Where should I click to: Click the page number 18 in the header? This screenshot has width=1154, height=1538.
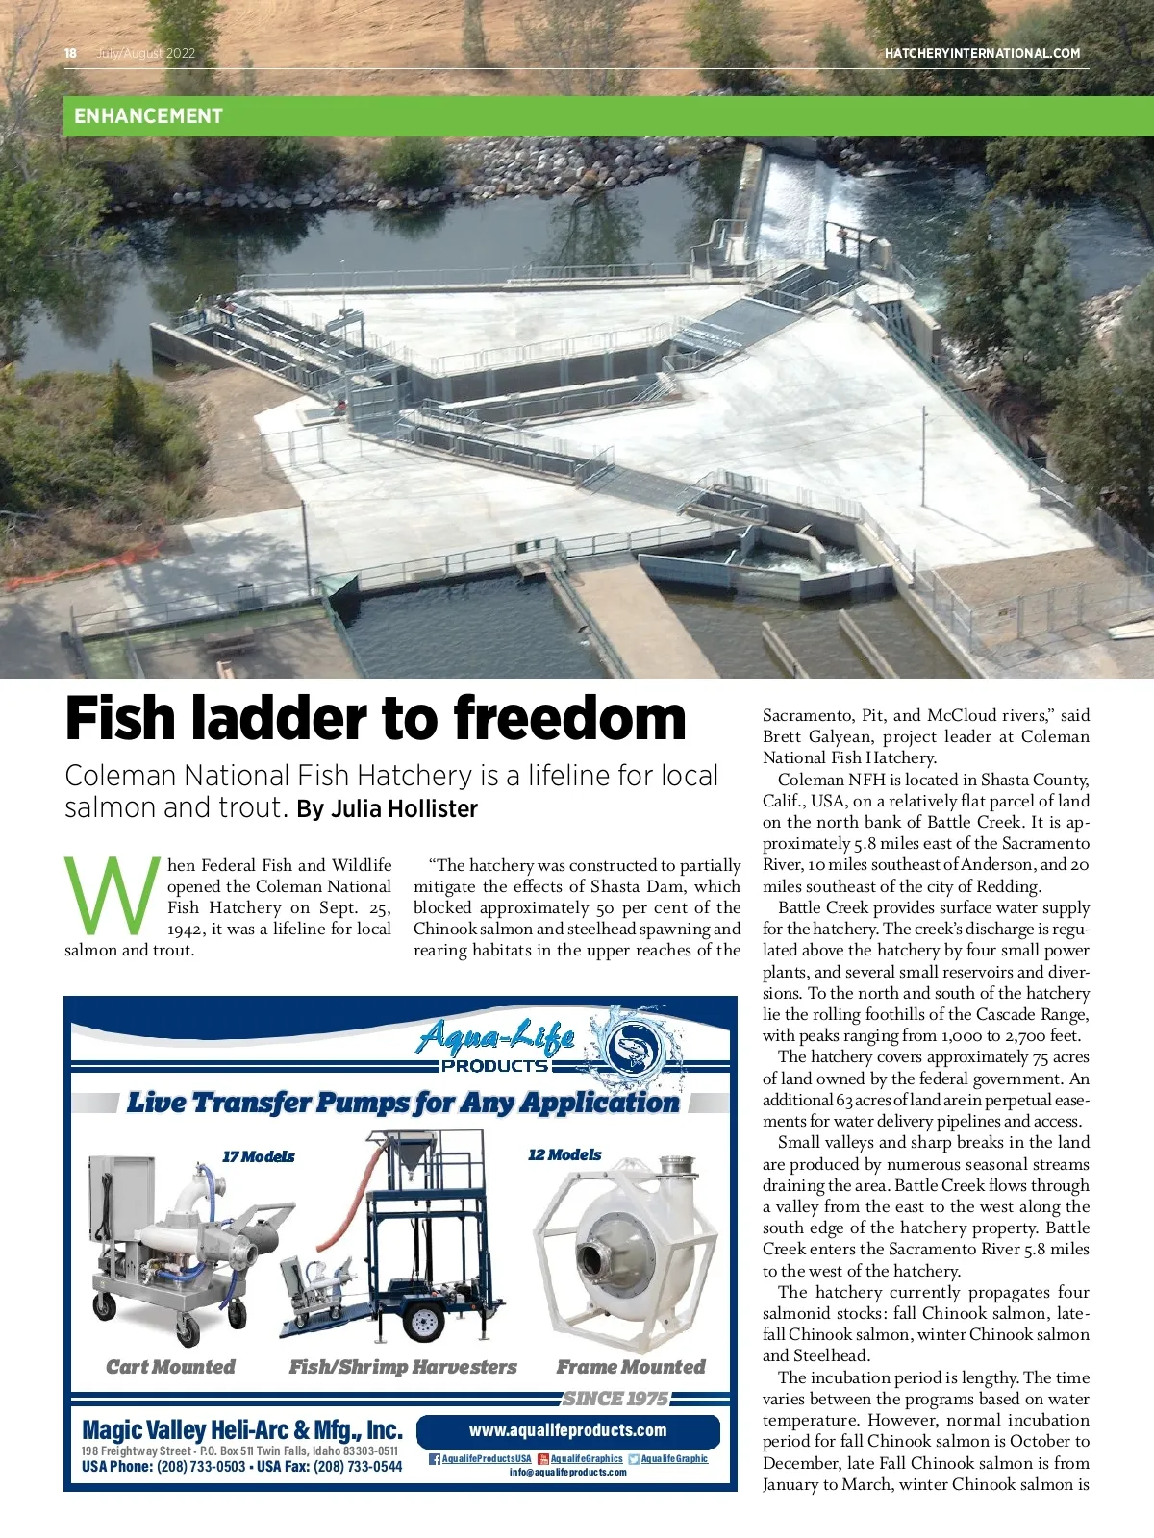70,53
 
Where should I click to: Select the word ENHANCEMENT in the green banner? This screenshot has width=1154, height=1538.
148,116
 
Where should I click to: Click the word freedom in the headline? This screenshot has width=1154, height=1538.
569,719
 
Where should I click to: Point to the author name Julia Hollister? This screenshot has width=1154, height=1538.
404,809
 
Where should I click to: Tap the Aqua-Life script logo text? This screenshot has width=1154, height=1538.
496,1037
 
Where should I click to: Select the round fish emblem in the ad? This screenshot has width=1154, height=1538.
630,1045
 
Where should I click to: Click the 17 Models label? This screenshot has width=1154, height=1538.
258,1156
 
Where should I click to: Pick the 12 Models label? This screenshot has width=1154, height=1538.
564,1154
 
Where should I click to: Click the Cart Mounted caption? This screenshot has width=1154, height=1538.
170,1367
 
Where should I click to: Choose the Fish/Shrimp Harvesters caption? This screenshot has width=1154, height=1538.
403,1367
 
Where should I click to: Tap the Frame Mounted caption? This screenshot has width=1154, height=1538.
631,1367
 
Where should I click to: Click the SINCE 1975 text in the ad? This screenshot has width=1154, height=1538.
615,1398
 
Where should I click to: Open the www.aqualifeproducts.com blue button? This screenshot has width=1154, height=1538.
567,1430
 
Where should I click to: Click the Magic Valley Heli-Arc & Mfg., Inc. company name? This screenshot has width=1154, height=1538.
242,1430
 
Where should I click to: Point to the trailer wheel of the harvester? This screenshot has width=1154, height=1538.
422,1322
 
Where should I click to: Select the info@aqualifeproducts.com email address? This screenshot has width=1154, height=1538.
567,1473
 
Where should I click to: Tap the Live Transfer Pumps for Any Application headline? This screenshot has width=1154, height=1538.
403,1103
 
